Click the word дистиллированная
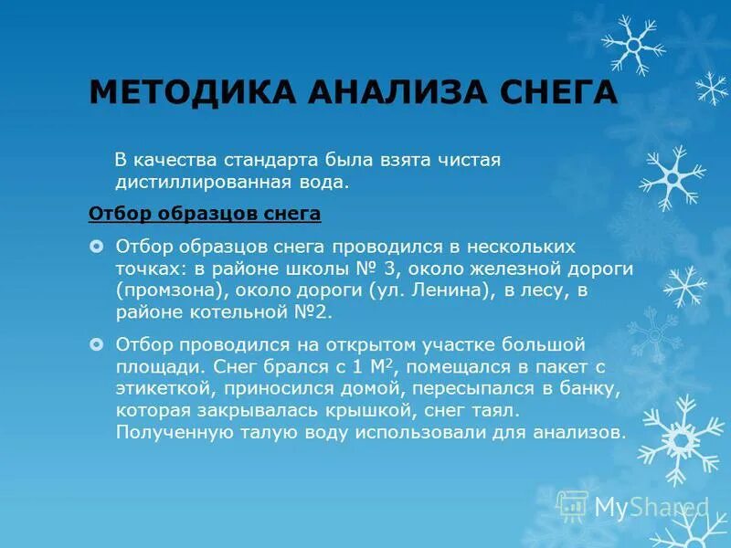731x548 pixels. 203,182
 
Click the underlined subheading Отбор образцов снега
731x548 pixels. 205,215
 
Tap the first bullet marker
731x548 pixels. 97,248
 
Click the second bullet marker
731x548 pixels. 97,345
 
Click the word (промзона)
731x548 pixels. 171,291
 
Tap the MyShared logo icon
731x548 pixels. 573,505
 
